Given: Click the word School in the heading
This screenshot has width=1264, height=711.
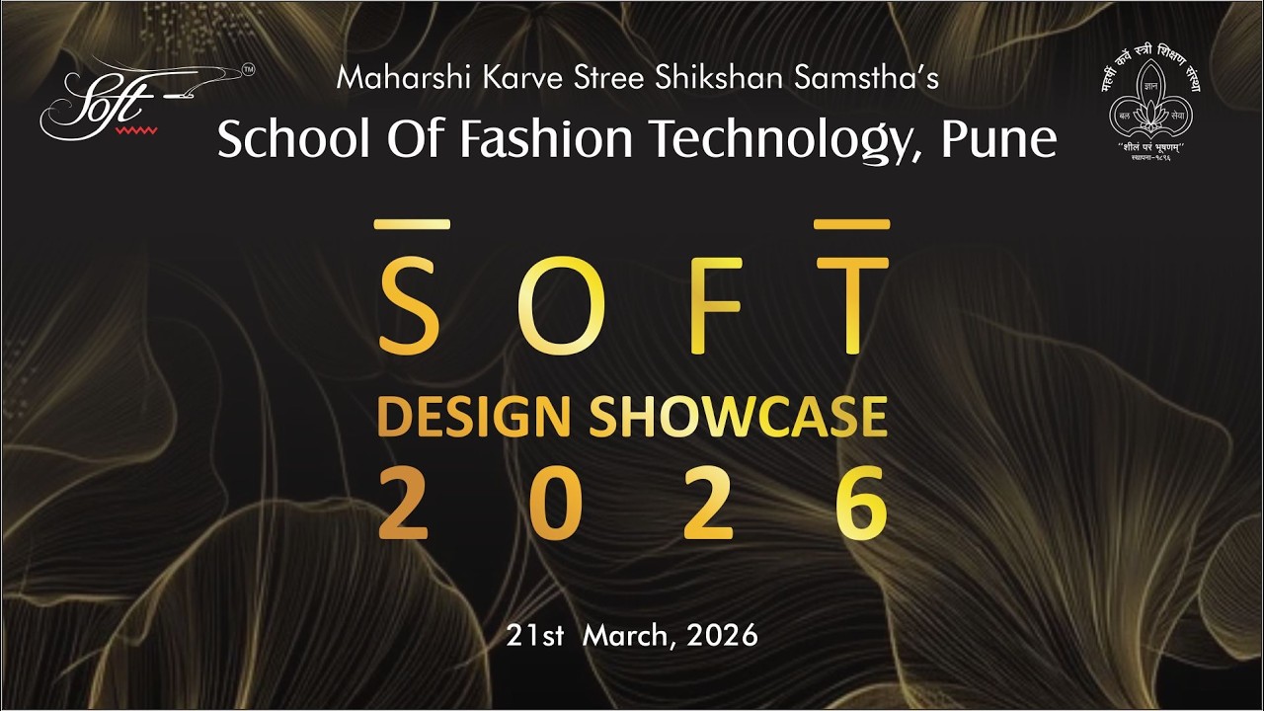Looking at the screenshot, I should tap(279, 139).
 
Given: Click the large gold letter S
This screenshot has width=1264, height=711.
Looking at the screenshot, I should tap(410, 306).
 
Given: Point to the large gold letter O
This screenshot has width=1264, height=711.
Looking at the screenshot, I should tap(559, 306).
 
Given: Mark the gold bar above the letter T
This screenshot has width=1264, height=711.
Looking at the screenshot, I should tap(851, 225).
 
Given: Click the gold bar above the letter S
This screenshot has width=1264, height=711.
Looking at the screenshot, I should tap(412, 225).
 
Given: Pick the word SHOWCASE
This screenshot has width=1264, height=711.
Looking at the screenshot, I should tap(738, 417).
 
